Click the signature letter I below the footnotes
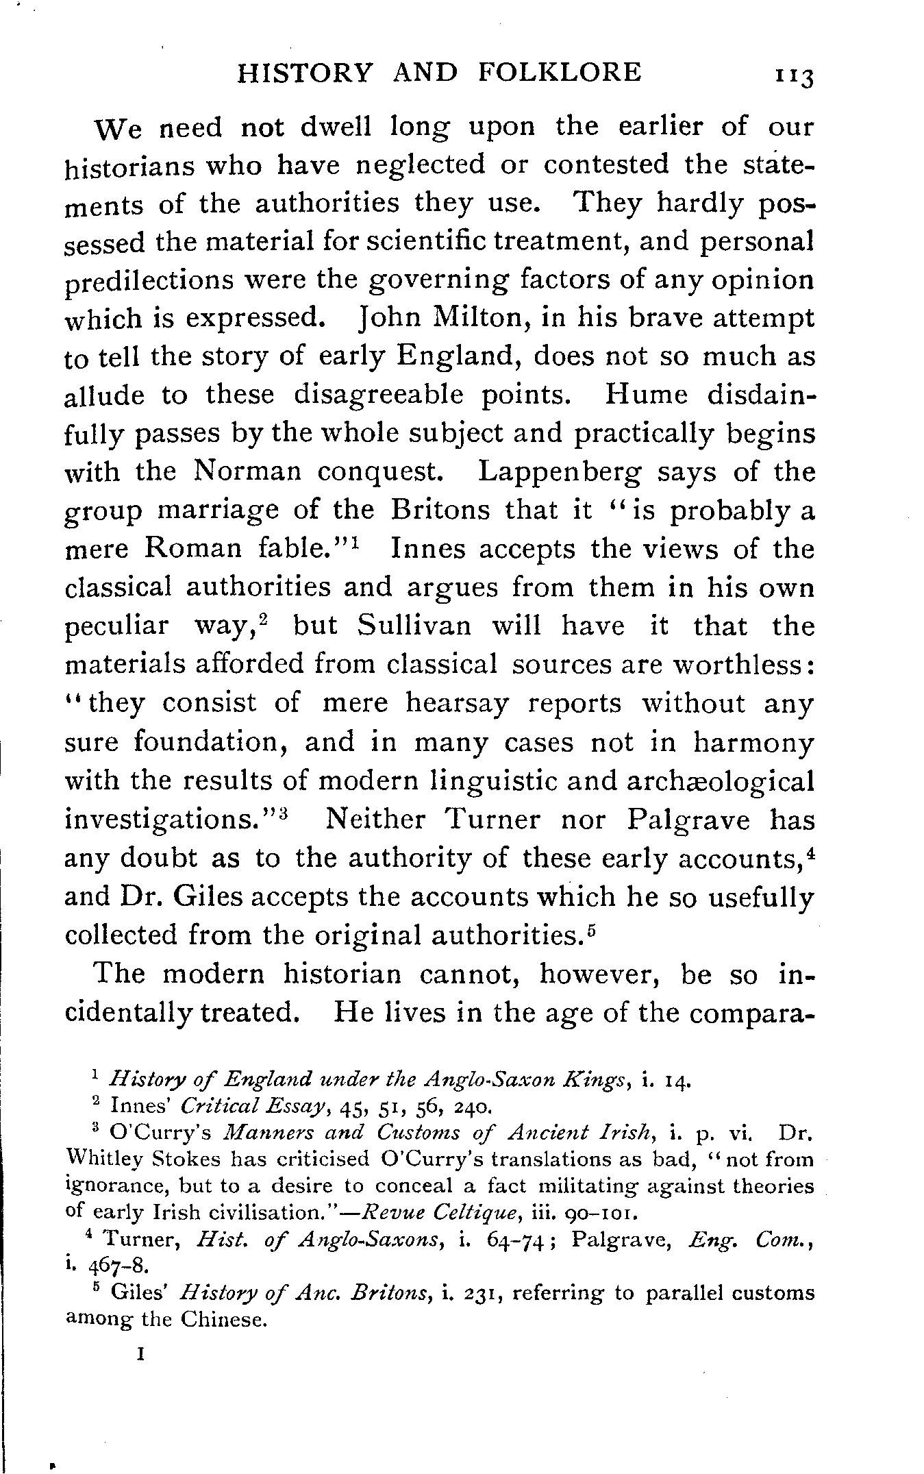point(140,1354)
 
